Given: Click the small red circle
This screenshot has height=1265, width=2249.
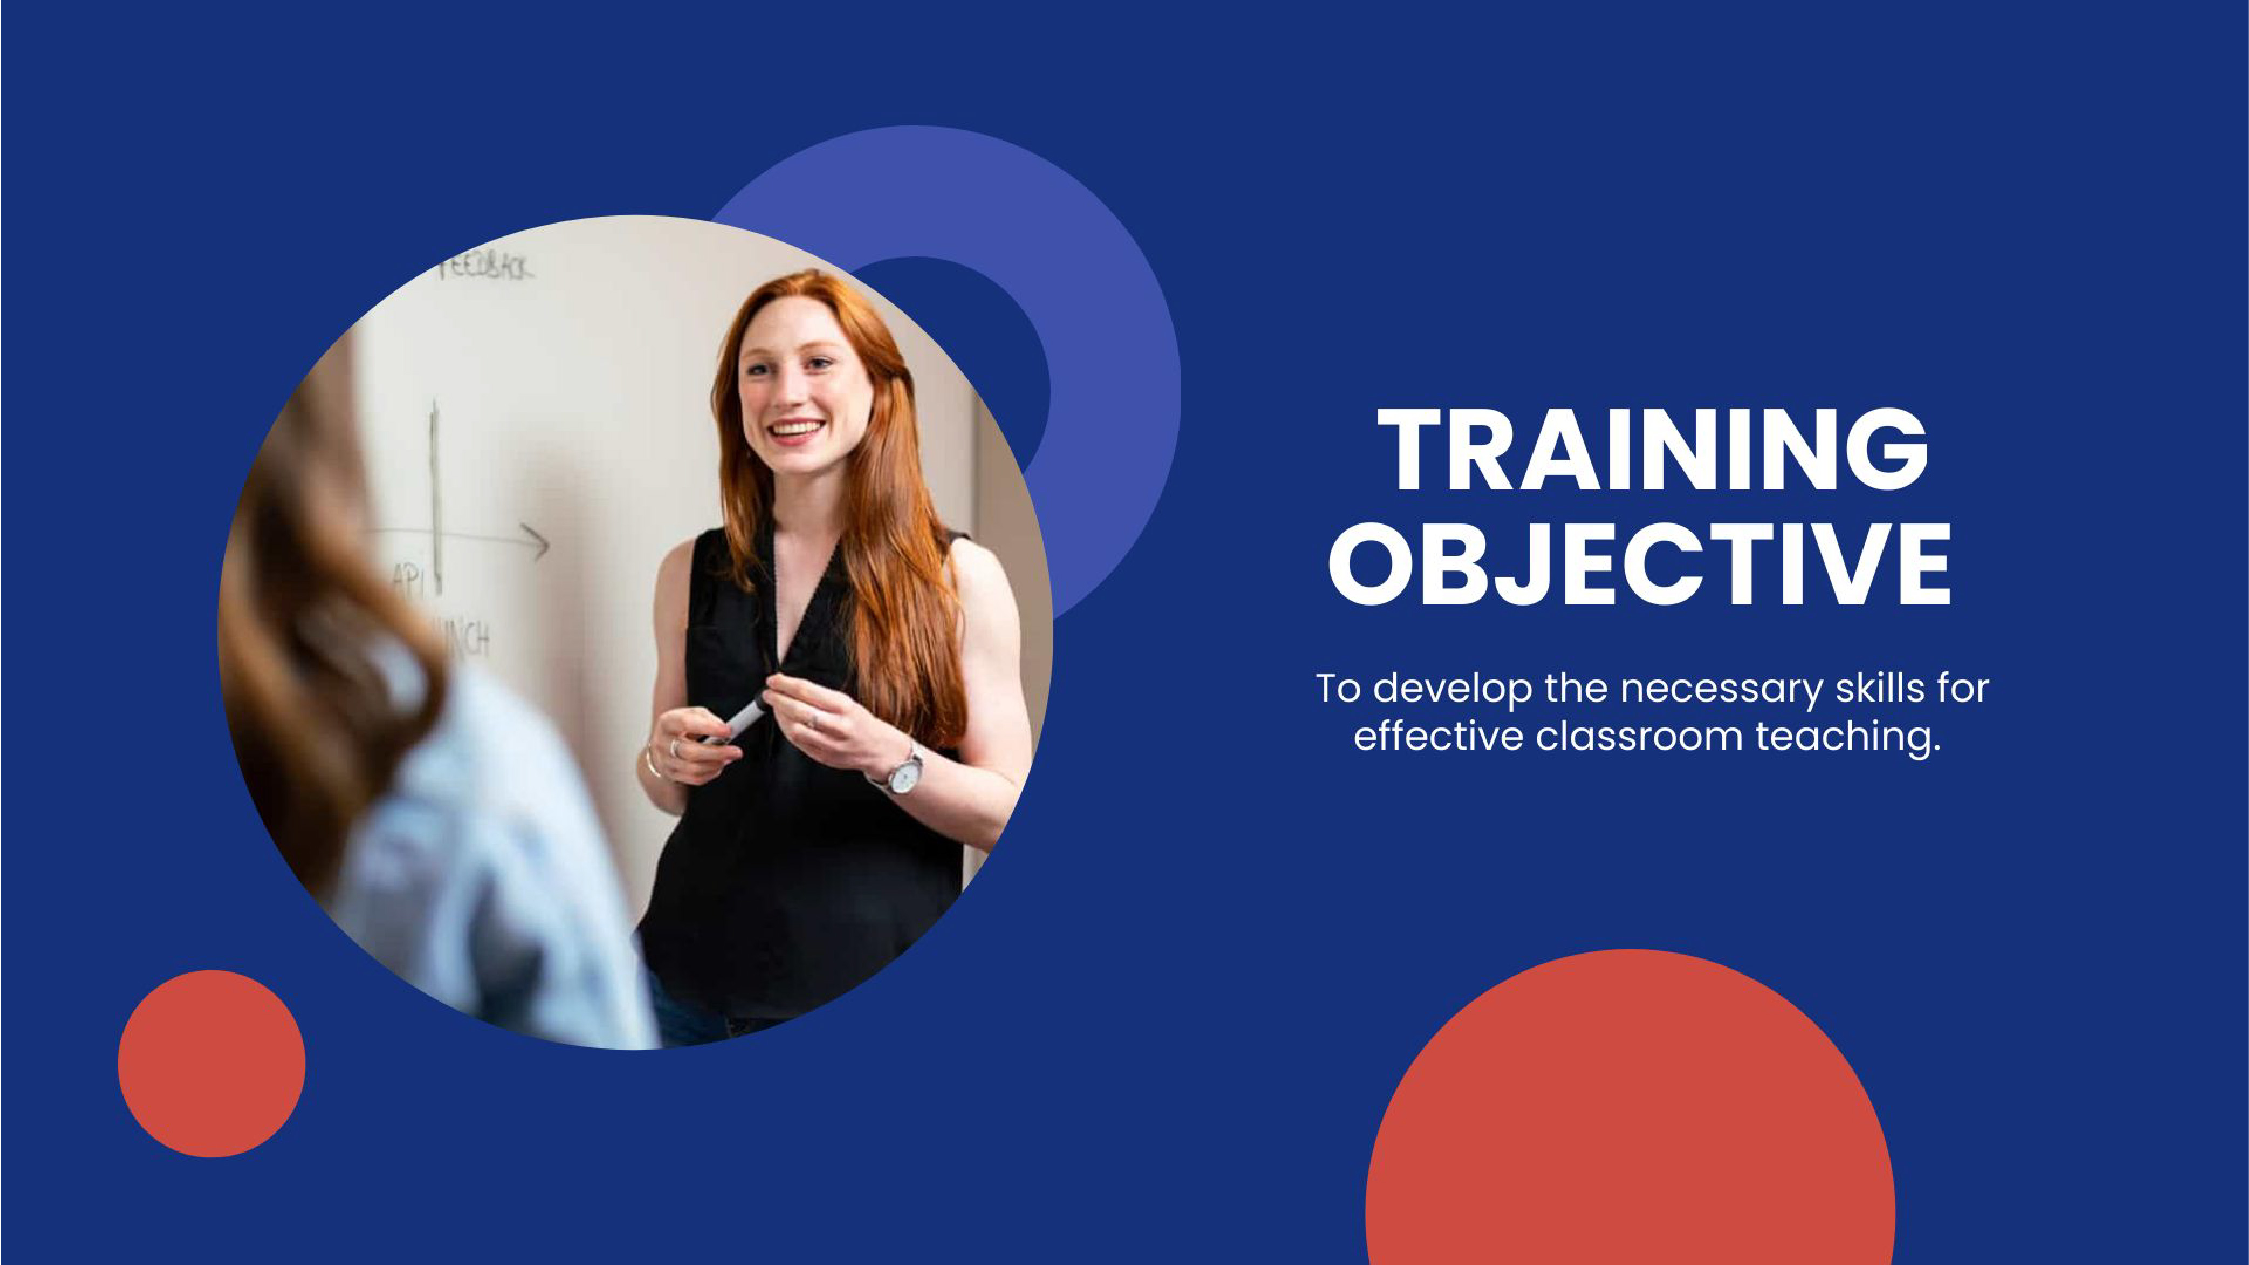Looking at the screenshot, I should click(212, 1063).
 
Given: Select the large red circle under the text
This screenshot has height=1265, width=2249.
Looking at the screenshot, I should click(1629, 1135).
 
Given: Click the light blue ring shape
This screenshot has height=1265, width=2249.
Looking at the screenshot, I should click(1109, 349).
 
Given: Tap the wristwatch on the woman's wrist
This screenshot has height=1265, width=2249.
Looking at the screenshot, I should click(904, 773).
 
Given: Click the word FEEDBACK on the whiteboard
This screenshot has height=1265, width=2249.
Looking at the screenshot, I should click(485, 268).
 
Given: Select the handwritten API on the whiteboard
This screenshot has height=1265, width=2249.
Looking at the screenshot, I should click(407, 578).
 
